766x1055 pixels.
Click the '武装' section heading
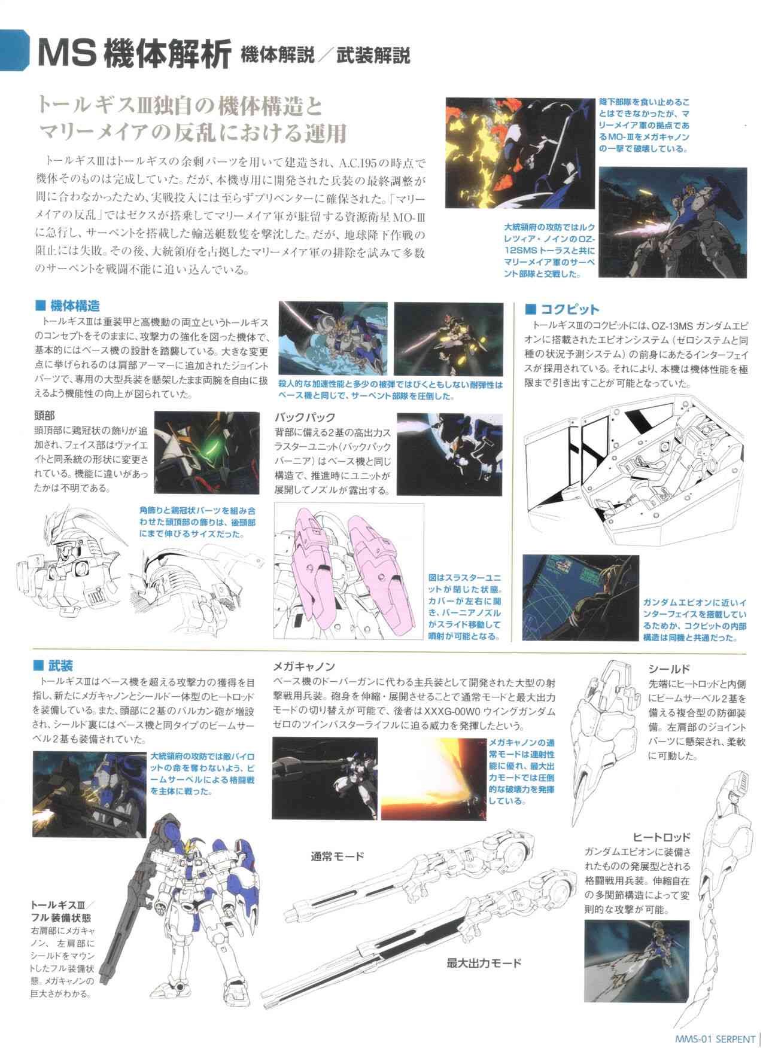tap(62, 666)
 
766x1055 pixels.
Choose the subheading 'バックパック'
tap(305, 417)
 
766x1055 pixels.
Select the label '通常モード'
tap(337, 856)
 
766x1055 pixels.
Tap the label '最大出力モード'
tap(484, 963)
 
